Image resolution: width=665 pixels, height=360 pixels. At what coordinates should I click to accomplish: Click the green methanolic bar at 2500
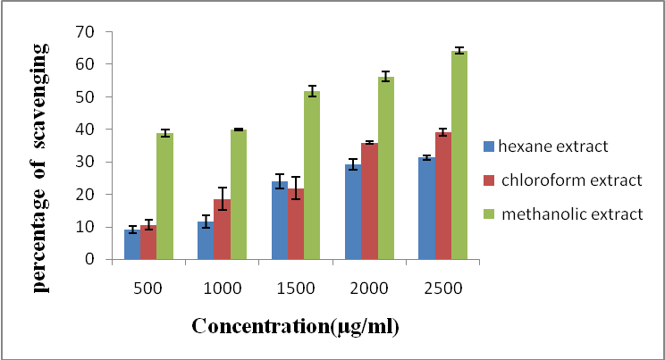coord(459,155)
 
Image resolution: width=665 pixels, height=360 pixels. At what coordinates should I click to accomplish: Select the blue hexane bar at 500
coord(132,245)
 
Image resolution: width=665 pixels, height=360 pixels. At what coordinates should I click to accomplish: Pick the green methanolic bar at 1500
coord(312,175)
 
